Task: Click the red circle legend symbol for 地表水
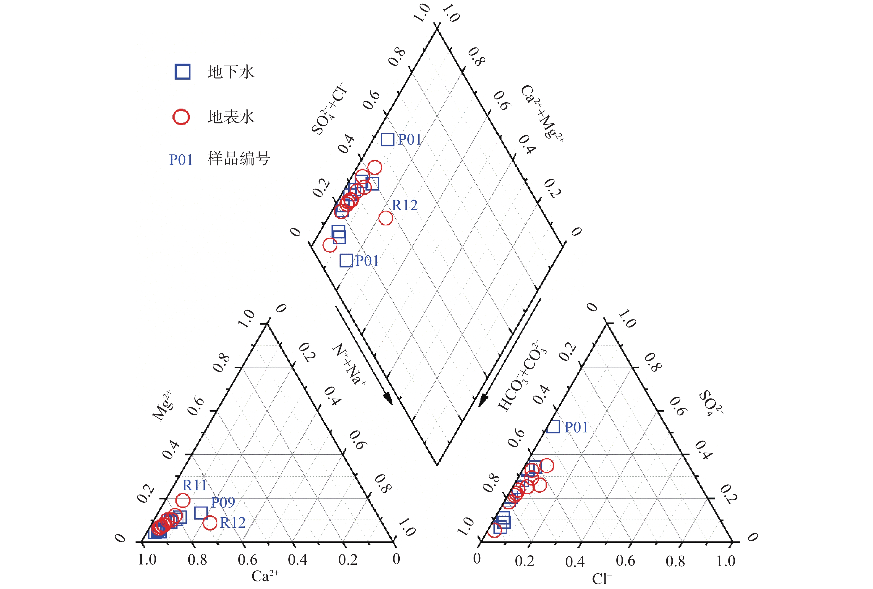[181, 117]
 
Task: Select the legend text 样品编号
[239, 159]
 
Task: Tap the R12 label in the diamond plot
[404, 205]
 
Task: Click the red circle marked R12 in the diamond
[386, 218]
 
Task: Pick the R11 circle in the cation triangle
[183, 500]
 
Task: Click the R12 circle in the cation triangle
[210, 522]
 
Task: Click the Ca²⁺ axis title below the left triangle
[265, 576]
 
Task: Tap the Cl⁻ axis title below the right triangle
[602, 579]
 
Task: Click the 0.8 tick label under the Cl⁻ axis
[675, 561]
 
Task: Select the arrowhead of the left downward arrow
[388, 400]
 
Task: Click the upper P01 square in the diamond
[387, 140]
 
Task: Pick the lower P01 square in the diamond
[346, 260]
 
